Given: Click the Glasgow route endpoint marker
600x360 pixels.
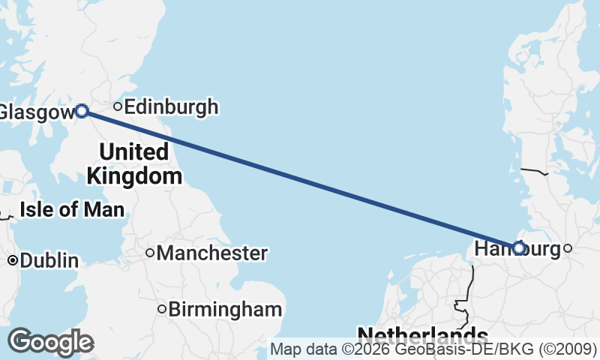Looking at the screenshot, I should pos(82,111).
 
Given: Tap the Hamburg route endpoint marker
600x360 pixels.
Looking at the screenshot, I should pos(518,247).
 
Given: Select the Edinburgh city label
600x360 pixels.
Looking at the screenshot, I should pos(171,107).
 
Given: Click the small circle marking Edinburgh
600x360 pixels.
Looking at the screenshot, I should pos(118,106).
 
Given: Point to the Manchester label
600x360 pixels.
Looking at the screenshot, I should pos(211,253).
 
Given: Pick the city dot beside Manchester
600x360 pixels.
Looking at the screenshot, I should pos(150,253).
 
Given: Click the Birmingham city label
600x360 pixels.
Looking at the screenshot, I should pos(225,309).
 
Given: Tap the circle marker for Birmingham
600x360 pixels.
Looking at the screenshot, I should pos(161,309).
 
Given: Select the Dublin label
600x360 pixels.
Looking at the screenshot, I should pos(49,261).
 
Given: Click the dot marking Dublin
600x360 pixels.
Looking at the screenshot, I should pos(13,261).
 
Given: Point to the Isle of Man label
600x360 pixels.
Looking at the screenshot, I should pos(72,209).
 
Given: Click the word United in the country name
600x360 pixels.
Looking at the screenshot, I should pos(133,152).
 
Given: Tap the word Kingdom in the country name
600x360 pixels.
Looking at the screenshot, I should pos(134,177).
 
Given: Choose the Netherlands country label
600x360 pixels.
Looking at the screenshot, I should pos(422,334).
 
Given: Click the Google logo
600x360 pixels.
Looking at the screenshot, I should pos(50,342).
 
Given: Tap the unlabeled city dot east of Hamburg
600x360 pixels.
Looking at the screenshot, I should pos(568,248).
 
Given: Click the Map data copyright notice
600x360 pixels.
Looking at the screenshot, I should pos(433,349).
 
